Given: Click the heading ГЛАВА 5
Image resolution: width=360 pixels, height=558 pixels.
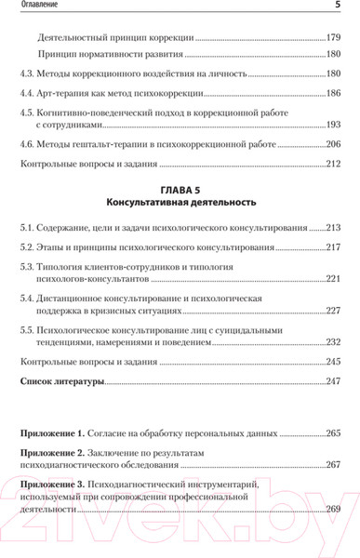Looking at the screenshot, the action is (180, 186).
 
